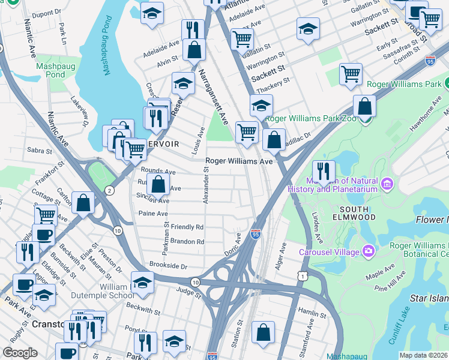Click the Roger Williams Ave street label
[x=239, y=161]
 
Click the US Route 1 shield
[x=303, y=275]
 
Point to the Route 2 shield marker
[x=109, y=191]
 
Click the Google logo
[x=20, y=353]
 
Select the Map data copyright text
[x=423, y=355]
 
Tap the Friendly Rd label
[x=187, y=227]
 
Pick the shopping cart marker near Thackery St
[x=351, y=74]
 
